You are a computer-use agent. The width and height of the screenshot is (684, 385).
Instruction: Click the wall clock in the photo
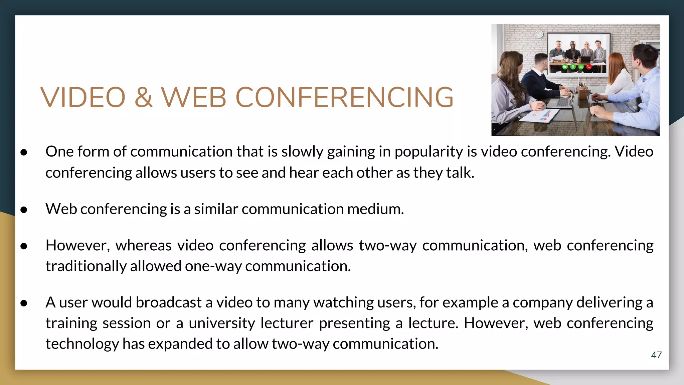pyautogui.click(x=539, y=34)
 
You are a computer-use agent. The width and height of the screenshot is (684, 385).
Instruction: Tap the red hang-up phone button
pyautogui.click(x=589, y=67)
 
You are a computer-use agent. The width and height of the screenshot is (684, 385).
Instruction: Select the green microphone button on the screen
pyautogui.click(x=573, y=67)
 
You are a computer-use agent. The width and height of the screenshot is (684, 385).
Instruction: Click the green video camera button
pyautogui.click(x=565, y=67)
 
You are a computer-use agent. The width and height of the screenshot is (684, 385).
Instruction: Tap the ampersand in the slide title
pyautogui.click(x=144, y=98)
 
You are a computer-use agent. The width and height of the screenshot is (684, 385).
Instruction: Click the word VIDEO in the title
pyautogui.click(x=83, y=98)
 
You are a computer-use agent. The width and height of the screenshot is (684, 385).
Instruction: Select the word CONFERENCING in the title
pyautogui.click(x=344, y=98)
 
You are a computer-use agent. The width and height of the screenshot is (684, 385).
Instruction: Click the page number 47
pyautogui.click(x=656, y=355)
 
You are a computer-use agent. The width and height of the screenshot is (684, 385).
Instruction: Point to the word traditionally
pyautogui.click(x=85, y=266)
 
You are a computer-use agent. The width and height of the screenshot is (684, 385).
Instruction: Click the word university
pyautogui.click(x=222, y=323)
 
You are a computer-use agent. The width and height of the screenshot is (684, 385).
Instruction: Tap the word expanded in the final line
pyautogui.click(x=180, y=344)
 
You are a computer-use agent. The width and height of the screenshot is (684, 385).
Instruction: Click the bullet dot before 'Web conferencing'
pyautogui.click(x=24, y=210)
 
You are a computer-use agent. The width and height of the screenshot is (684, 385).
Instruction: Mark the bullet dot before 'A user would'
pyautogui.click(x=24, y=303)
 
